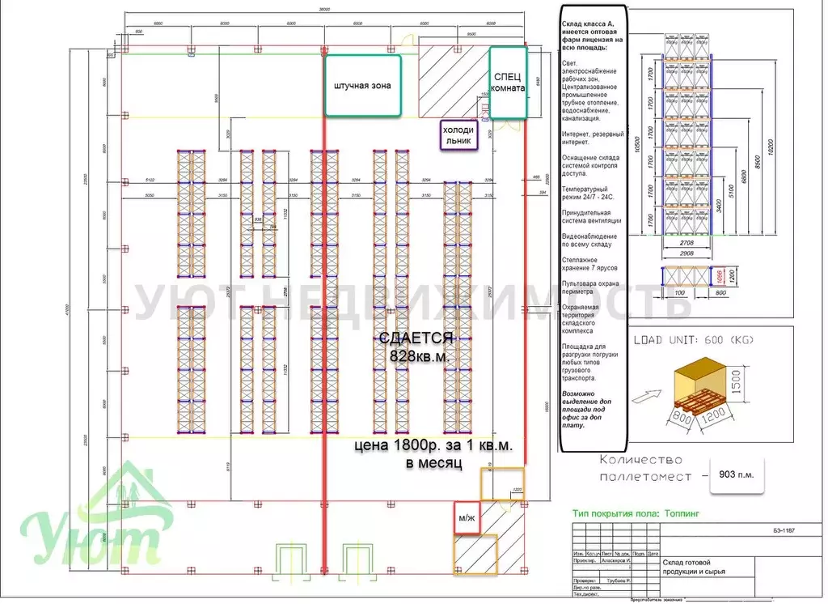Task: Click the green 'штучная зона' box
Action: pos(361,85)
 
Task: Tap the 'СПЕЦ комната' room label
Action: pos(508,82)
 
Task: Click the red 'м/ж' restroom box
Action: pos(467,518)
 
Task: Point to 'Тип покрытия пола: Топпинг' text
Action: pos(636,513)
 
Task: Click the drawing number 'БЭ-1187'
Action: pos(784,530)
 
